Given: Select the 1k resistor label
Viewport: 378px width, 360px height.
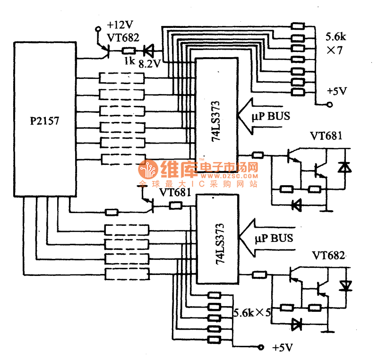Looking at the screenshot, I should click(129, 61).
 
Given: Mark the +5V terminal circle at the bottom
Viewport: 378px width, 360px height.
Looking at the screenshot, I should click(261, 348).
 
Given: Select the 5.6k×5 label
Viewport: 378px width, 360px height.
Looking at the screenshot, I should click(252, 312).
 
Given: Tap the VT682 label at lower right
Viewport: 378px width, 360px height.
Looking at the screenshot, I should click(328, 256).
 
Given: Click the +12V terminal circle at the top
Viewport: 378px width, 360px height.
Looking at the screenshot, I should click(98, 29).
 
